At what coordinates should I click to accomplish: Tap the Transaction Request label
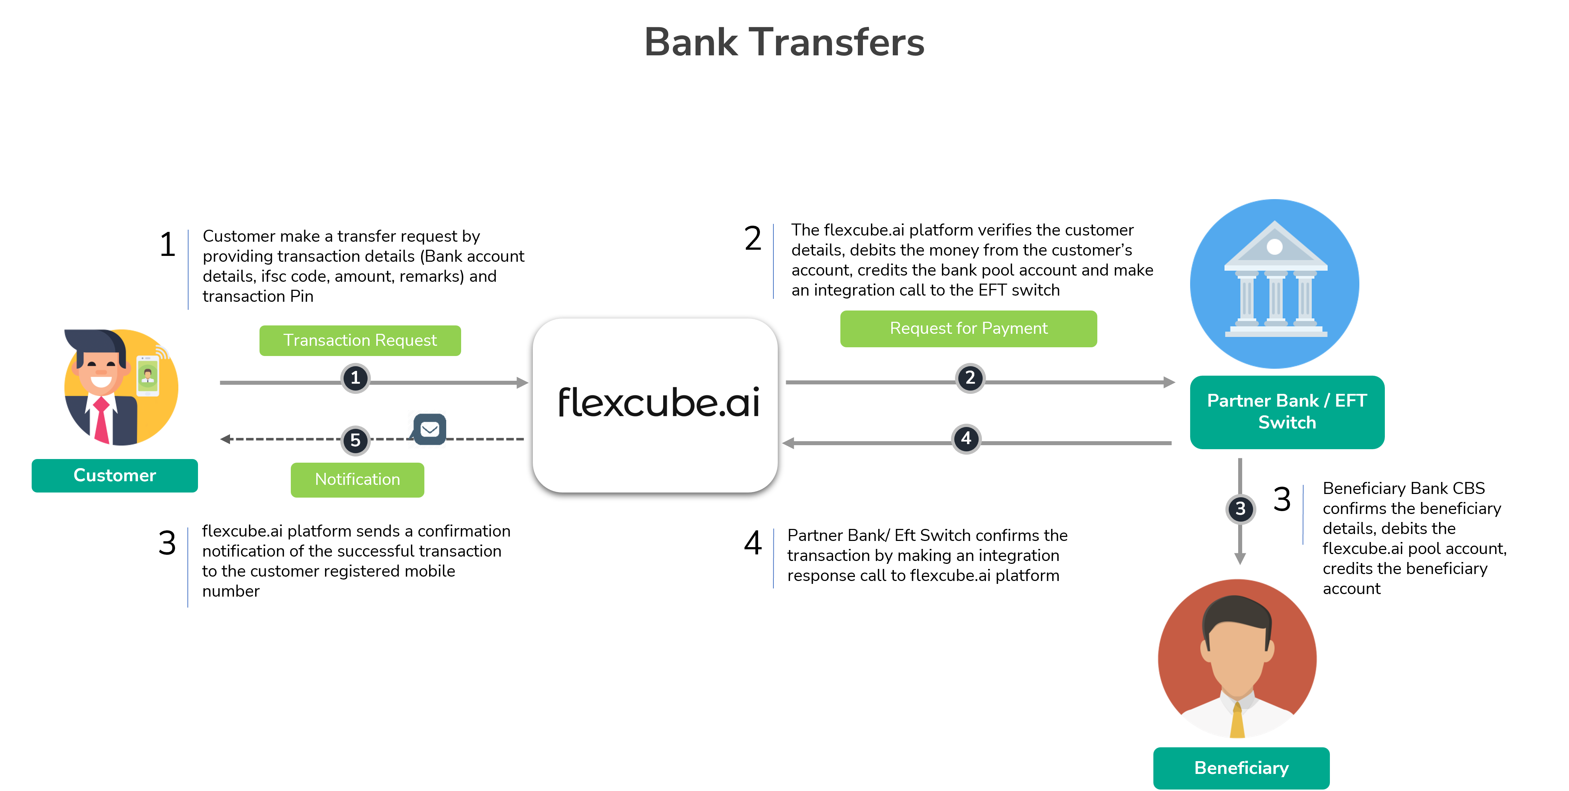(x=360, y=340)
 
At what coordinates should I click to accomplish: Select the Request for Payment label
(x=968, y=328)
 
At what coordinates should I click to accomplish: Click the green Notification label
(x=357, y=480)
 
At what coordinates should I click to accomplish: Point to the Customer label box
(x=115, y=475)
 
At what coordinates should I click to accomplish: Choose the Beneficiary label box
(x=1241, y=768)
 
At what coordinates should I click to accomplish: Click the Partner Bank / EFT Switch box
(x=1287, y=412)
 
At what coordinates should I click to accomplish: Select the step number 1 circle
(x=355, y=379)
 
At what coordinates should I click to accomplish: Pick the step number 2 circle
(x=970, y=379)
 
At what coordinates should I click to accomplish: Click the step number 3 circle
(x=1240, y=509)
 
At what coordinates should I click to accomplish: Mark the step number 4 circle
(x=966, y=439)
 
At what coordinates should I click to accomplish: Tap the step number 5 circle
(x=356, y=440)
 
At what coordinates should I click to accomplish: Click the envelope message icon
(x=429, y=429)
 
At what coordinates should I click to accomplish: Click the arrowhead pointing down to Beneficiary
(x=1240, y=558)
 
